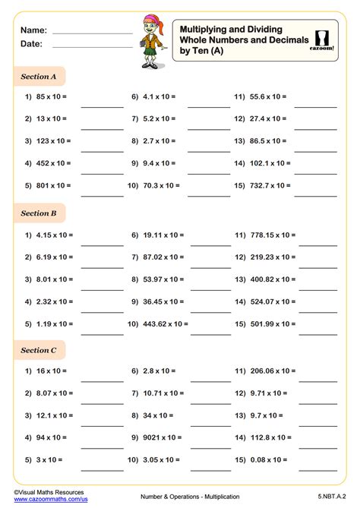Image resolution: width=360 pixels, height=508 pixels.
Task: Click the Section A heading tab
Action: (39, 76)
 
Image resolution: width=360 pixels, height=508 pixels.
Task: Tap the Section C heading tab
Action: (39, 350)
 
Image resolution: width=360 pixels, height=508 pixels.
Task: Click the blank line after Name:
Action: (92, 33)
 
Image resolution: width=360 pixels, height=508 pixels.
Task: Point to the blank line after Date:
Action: (92, 47)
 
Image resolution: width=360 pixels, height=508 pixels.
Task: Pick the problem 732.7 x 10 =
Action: (265, 185)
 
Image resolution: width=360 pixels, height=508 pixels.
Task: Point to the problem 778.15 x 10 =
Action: (267, 236)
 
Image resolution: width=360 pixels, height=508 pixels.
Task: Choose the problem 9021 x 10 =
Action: (156, 437)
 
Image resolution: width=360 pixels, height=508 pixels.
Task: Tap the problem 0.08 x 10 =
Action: (263, 459)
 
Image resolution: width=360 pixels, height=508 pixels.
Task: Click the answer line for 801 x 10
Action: (102, 196)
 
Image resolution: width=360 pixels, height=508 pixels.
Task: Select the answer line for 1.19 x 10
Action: (102, 334)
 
